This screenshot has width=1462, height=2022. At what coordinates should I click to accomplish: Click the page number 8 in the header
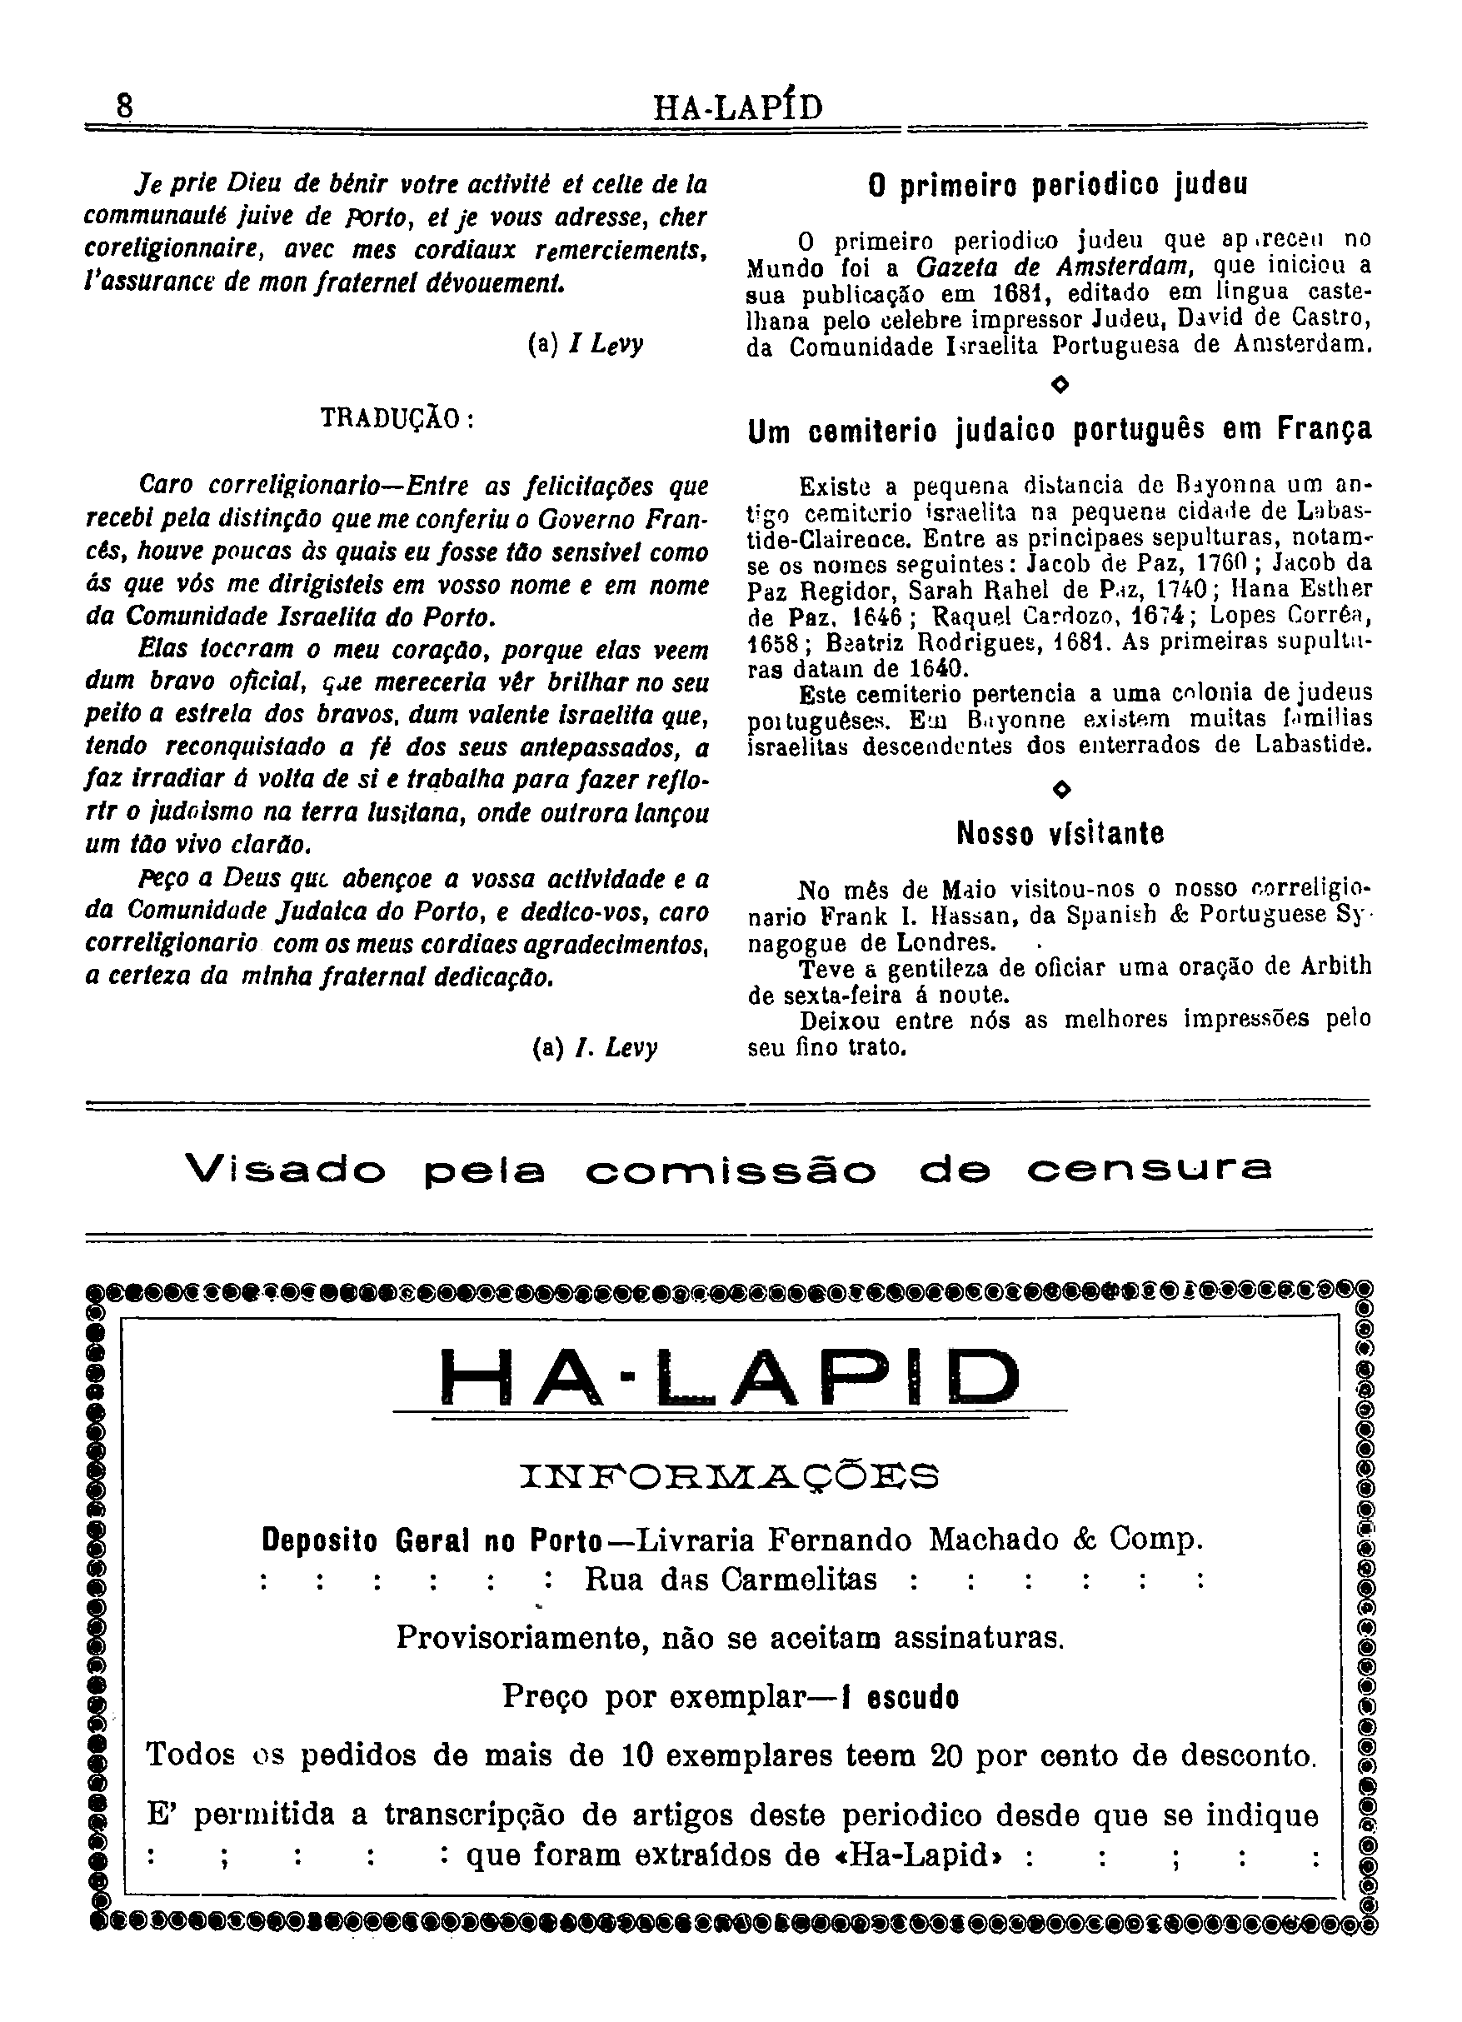coord(124,106)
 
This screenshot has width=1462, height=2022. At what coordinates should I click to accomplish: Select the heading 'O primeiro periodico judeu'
coord(1057,185)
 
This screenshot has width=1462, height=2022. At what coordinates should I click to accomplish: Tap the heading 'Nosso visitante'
coord(1060,834)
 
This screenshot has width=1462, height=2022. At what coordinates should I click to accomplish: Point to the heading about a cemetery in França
coord(1059,431)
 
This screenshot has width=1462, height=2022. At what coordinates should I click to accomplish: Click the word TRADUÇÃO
coord(397,418)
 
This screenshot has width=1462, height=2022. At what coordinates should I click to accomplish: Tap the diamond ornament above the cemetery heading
coord(1060,384)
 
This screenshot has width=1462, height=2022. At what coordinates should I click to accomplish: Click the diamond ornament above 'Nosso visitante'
coord(1060,789)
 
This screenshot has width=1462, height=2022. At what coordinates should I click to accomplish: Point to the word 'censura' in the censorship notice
coord(1149,1170)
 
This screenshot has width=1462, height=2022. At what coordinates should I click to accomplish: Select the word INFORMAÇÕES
coord(729,1476)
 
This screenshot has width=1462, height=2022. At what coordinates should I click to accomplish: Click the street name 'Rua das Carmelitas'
coord(731,1580)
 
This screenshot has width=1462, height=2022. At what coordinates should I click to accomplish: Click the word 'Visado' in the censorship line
coord(287,1170)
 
